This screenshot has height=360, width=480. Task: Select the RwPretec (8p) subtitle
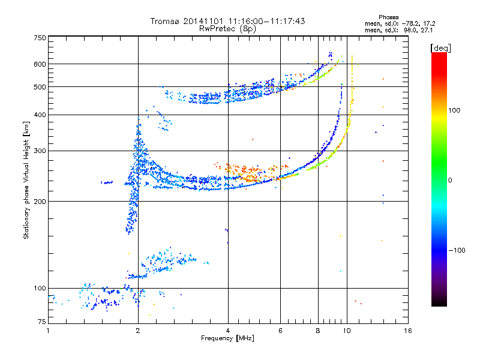click(x=227, y=29)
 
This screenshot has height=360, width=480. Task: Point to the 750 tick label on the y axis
click(x=40, y=38)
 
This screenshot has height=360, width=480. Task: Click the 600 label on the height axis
click(x=40, y=64)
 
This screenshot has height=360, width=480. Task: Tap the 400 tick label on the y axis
click(x=40, y=115)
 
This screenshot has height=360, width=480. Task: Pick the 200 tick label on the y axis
click(x=40, y=201)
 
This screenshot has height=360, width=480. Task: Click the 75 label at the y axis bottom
click(x=42, y=322)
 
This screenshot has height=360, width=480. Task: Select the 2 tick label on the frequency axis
click(x=138, y=331)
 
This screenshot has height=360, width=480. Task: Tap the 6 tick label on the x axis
click(x=280, y=331)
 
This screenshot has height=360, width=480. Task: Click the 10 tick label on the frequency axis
click(x=347, y=331)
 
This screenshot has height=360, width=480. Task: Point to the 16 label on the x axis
click(x=408, y=331)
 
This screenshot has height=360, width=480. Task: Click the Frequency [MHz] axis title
click(x=227, y=338)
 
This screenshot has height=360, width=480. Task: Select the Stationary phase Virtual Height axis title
click(x=26, y=180)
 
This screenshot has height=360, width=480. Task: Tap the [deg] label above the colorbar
click(x=440, y=48)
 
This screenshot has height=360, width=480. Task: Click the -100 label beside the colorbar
click(x=457, y=250)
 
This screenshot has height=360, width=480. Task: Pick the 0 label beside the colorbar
click(x=450, y=180)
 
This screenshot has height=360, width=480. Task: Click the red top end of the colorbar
click(x=439, y=55)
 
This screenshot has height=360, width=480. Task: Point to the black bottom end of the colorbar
click(x=439, y=303)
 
